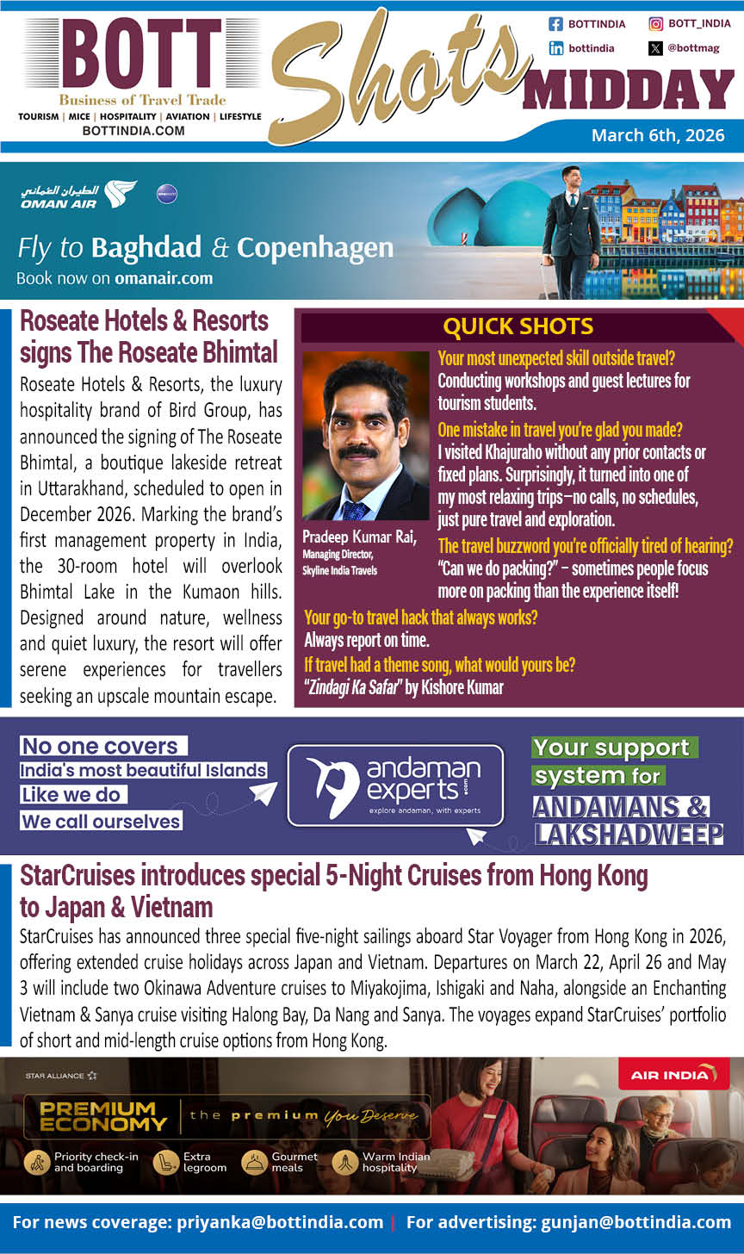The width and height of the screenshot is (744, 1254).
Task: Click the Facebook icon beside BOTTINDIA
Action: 555,24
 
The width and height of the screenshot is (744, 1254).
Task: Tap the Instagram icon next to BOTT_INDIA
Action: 656,24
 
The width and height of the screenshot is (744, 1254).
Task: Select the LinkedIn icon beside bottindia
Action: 555,48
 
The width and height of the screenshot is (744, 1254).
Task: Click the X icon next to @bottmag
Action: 656,48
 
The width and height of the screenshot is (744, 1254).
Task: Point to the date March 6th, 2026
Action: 658,135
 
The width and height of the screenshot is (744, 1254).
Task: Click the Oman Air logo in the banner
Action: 78,194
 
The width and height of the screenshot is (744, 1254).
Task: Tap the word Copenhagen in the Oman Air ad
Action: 315,248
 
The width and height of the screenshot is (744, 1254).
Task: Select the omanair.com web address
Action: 164,278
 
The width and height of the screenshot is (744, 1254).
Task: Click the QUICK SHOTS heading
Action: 518,326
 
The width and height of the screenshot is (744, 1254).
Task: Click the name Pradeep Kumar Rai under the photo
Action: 359,537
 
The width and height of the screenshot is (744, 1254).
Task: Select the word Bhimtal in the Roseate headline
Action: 236,352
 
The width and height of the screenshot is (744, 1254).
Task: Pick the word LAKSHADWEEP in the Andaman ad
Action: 628,834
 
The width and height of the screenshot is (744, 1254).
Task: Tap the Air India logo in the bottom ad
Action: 667,1074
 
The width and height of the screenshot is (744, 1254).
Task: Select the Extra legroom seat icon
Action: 164,1162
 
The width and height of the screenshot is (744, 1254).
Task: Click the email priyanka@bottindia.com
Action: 280,1222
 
